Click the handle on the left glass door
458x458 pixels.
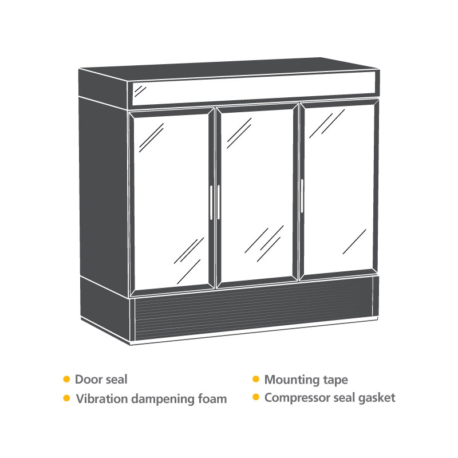(211, 203)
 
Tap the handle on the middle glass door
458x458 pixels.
(219, 202)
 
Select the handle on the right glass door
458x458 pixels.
(302, 196)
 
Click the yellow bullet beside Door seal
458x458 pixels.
(66, 379)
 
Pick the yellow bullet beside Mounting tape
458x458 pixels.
(256, 379)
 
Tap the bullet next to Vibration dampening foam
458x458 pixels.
(66, 398)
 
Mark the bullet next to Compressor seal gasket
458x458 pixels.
(256, 397)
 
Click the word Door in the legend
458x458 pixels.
(85, 380)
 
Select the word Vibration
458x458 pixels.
(102, 398)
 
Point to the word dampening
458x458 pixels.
(163, 400)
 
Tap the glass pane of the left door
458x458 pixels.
(171, 201)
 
